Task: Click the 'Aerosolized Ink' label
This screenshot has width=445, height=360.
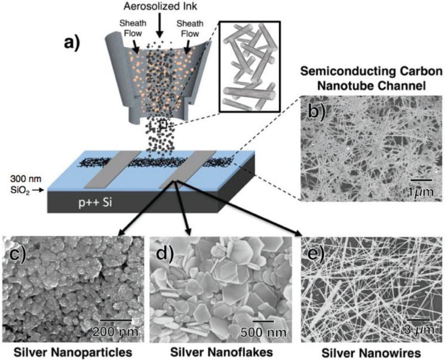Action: click(x=160, y=6)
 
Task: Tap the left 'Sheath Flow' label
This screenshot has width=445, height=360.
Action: click(x=133, y=28)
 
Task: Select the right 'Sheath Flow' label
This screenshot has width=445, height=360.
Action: click(x=190, y=28)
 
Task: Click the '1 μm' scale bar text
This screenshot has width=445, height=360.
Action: click(x=421, y=192)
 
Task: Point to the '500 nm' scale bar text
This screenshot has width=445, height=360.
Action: click(x=262, y=332)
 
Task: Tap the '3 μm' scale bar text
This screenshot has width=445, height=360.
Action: click(x=419, y=330)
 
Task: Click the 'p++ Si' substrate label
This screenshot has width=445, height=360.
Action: click(x=96, y=203)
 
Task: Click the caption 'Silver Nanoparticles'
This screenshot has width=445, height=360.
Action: click(x=73, y=352)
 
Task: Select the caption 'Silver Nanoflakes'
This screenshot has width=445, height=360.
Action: click(x=222, y=352)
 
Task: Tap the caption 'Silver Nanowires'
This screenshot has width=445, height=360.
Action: click(x=371, y=353)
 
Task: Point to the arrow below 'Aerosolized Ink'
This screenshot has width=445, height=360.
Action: click(x=160, y=25)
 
